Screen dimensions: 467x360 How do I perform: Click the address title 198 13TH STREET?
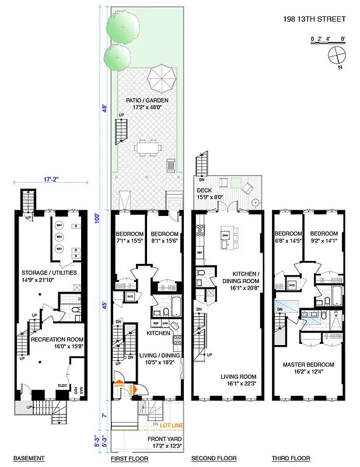314,19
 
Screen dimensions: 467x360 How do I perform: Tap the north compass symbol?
337,57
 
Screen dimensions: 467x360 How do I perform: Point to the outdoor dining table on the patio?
149,146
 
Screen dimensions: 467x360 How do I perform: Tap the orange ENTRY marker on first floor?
119,385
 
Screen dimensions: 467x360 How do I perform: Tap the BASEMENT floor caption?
29,458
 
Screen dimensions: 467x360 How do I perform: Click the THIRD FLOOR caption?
291,458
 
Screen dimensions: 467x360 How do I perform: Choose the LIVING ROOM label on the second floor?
237,377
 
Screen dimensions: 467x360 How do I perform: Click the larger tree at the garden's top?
124,24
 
